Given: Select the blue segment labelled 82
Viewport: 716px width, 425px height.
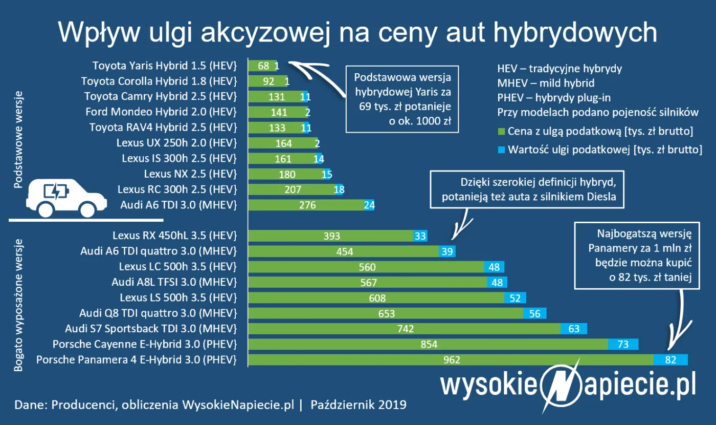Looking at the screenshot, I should coord(670,360).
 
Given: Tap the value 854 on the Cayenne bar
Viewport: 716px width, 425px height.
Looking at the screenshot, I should coord(429,345).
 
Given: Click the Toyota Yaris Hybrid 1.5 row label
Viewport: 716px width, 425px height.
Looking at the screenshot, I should coord(165,66).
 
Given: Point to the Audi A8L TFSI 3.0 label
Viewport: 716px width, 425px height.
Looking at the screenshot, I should coord(174,282).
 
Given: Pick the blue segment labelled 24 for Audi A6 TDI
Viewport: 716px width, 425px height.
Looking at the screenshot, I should coord(369,205).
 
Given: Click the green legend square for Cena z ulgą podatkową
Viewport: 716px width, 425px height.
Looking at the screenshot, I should coord(501,132).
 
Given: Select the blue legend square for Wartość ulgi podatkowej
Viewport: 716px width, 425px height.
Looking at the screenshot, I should coord(501,150).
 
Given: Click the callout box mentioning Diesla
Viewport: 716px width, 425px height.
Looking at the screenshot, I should coord(527,189).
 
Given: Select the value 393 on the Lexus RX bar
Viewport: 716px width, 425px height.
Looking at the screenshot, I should coord(332,236).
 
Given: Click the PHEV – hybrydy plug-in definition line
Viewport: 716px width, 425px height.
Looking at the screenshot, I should coord(554,97).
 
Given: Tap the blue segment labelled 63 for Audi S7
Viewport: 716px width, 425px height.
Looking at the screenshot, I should coord(573,329).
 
